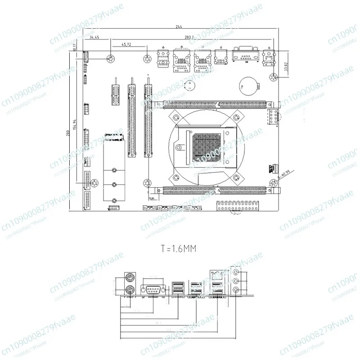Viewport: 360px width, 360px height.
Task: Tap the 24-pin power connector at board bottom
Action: (x=238, y=207)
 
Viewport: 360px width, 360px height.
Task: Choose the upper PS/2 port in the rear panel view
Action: (x=129, y=278)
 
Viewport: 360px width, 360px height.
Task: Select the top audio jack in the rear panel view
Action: (x=238, y=272)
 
